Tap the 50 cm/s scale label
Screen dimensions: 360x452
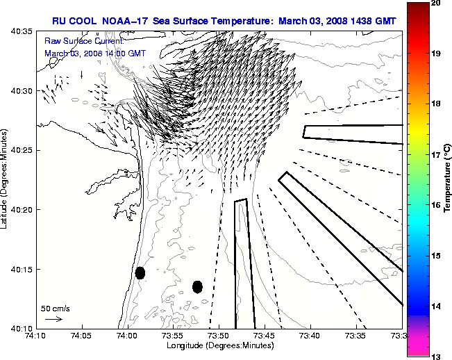(55, 308)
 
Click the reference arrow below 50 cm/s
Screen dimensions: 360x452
(53, 319)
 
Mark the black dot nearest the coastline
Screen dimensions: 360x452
(140, 272)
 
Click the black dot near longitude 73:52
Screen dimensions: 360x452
(197, 286)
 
